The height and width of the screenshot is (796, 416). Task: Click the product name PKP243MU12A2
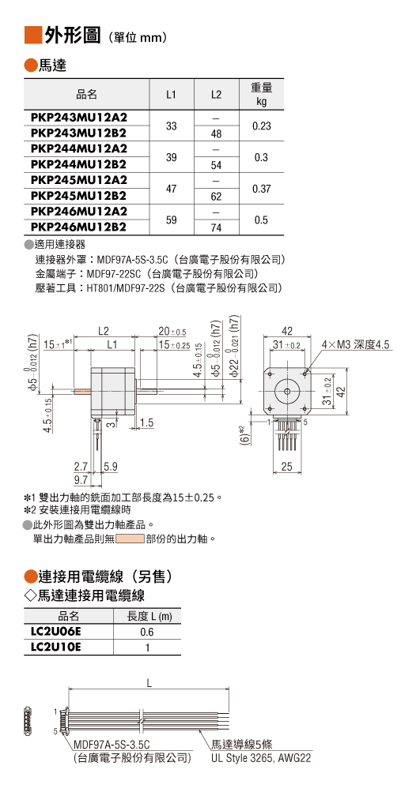pyautogui.click(x=79, y=118)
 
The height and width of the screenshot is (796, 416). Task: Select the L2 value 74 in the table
pyautogui.click(x=216, y=228)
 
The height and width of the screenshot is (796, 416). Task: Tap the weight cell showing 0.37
pyautogui.click(x=262, y=189)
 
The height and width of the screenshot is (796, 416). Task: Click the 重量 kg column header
pyautogui.click(x=262, y=95)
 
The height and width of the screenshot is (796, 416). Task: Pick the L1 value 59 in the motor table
pyautogui.click(x=172, y=220)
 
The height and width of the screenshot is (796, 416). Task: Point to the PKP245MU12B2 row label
pyautogui.click(x=79, y=196)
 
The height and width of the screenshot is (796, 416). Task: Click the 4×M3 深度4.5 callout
pyautogui.click(x=355, y=345)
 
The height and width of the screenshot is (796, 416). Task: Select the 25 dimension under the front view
pyautogui.click(x=287, y=467)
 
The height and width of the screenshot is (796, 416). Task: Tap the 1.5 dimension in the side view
pyautogui.click(x=147, y=422)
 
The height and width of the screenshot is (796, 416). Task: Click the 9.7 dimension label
pyautogui.click(x=81, y=479)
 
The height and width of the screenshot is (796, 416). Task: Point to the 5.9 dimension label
pyautogui.click(x=111, y=466)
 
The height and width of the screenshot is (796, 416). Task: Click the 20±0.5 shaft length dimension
pyautogui.click(x=172, y=332)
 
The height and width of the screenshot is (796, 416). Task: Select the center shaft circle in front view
pyautogui.click(x=287, y=392)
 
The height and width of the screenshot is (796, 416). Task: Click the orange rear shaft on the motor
pyautogui.click(x=82, y=392)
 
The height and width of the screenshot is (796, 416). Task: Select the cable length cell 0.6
pyautogui.click(x=147, y=632)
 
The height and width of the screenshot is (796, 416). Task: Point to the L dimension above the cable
pyautogui.click(x=149, y=683)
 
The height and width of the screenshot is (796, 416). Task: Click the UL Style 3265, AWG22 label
pyautogui.click(x=261, y=758)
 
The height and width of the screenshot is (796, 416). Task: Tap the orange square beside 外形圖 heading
pyautogui.click(x=34, y=35)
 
